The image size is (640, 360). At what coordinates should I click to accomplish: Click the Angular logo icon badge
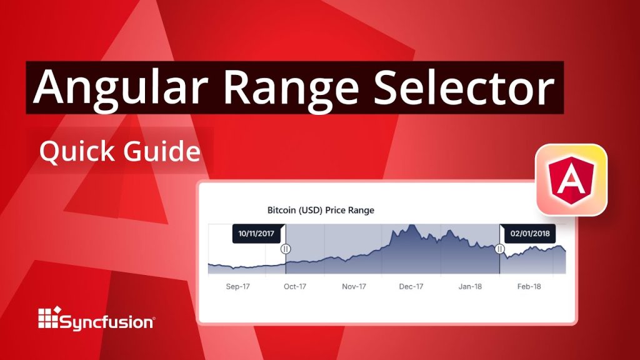(x=571, y=180)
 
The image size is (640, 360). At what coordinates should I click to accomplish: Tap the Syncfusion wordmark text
(x=107, y=322)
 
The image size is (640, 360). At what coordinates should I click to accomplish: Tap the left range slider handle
(x=286, y=249)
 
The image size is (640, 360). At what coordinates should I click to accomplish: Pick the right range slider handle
(x=499, y=249)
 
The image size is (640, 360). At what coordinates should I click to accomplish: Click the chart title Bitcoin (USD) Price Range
(x=321, y=210)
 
